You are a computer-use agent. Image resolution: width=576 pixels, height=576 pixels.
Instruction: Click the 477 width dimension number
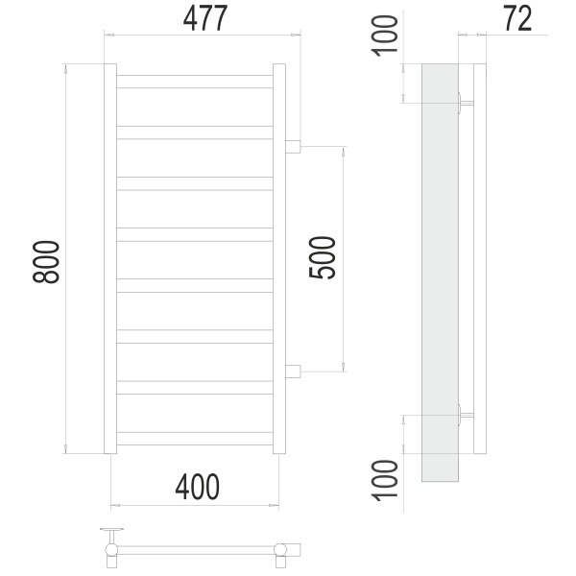(205, 18)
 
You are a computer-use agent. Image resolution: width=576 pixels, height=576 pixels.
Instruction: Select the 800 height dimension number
(46, 262)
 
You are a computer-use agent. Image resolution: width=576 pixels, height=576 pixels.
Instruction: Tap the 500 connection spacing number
(323, 258)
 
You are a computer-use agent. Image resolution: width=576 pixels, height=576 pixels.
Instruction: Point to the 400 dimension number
(197, 487)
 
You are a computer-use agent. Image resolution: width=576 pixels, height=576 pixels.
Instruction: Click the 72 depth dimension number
(518, 18)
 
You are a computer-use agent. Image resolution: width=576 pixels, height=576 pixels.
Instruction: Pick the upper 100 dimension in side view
(385, 36)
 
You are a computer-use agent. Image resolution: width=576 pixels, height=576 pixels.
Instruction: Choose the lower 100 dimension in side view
(385, 481)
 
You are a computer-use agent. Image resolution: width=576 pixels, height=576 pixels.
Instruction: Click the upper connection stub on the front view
(293, 146)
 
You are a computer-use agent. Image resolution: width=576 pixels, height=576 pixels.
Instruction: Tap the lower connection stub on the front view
(293, 372)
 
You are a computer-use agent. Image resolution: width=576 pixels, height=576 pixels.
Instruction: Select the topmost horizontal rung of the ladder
(195, 82)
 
